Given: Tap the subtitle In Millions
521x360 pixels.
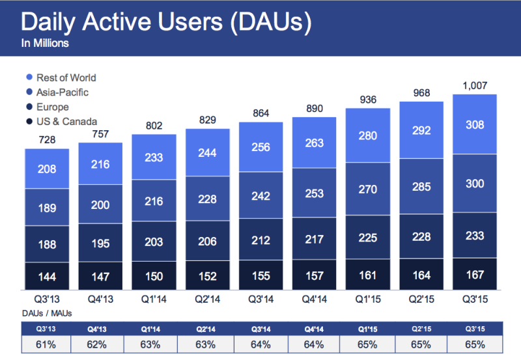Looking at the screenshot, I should (45, 44).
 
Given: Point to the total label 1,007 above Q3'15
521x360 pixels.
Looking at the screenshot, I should (475, 85).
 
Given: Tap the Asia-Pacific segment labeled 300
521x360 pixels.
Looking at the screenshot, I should (475, 184).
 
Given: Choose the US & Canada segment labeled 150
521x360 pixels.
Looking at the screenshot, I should (154, 277).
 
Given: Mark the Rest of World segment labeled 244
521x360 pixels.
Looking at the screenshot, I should (208, 154).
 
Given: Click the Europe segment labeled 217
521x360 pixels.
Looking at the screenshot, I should (315, 240).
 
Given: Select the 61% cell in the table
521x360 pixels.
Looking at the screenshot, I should (48, 344).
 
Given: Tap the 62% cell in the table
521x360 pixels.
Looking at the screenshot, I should (101, 344).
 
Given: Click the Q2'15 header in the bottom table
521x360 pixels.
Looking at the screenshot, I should (421, 328).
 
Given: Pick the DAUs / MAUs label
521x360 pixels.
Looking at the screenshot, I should (46, 313).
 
